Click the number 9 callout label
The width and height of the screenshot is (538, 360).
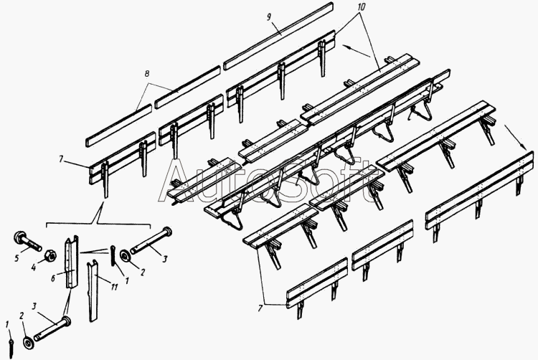coord(269,17)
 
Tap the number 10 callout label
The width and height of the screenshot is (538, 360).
coord(360,6)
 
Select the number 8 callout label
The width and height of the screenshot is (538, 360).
coord(146,73)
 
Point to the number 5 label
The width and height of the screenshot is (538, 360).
coord(16,258)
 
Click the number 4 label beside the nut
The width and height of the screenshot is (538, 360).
coord(34,267)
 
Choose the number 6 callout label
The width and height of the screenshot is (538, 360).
coord(53,278)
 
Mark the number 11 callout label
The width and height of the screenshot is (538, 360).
coord(114,286)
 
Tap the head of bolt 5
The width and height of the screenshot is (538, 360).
coord(20,237)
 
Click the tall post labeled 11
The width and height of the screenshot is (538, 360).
coord(93,290)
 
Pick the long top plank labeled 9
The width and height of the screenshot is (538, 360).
coord(278,36)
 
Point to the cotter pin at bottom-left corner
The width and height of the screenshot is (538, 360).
coord(11,344)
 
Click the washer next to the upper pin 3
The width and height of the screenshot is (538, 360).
coord(125,256)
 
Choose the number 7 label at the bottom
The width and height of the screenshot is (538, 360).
coord(260,308)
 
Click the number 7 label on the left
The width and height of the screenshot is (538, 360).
coord(61,159)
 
